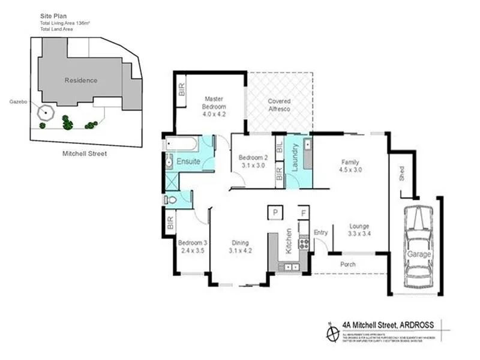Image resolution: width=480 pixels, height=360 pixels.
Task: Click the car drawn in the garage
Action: (x=419, y=247)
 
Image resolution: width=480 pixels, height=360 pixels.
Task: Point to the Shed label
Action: (x=401, y=174)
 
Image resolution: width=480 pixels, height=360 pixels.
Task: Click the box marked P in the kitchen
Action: (x=275, y=213)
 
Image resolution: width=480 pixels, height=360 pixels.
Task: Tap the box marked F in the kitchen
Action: (x=304, y=213)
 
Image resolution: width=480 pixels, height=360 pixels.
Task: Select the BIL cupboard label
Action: (x=280, y=146)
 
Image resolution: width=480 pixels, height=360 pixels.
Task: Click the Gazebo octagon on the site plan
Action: (x=45, y=113)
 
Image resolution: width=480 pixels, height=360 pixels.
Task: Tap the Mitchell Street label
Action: (x=84, y=154)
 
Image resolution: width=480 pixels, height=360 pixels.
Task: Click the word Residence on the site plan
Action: (x=80, y=80)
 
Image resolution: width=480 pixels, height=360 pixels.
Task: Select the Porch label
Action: (x=347, y=264)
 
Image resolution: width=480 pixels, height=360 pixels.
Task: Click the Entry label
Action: (x=321, y=233)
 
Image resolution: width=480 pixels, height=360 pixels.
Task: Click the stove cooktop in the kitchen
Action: (x=304, y=244)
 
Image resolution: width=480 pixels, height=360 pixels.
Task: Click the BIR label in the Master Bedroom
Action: (x=181, y=89)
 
